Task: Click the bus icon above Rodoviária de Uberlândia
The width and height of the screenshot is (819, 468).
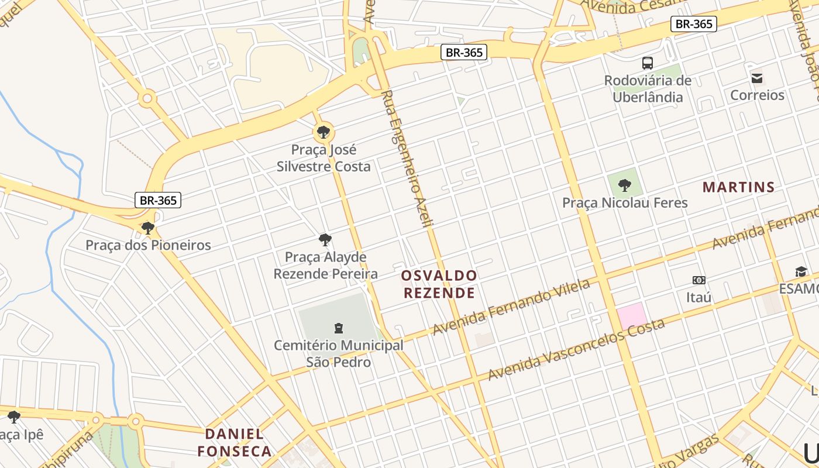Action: pos(647,63)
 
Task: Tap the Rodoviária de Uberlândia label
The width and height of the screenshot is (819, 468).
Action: pos(648,89)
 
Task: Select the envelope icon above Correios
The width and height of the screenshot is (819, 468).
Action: pos(757,78)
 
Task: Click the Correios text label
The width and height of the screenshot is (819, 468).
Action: pos(757,95)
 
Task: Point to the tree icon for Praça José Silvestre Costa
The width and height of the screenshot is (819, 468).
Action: pos(323,132)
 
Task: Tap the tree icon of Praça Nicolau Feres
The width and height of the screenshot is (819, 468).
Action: pos(625,185)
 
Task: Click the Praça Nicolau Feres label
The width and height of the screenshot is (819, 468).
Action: pos(625,203)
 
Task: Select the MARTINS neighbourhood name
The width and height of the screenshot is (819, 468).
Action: pos(738,187)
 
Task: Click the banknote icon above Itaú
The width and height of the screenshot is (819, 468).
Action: pos(698,280)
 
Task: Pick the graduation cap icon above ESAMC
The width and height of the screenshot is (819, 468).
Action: pos(801,271)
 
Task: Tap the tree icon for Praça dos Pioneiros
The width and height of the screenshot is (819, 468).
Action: pos(148,228)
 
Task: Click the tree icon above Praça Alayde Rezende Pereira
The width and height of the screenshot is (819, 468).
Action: pos(325,240)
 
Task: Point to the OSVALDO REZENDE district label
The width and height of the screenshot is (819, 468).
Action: pos(439,284)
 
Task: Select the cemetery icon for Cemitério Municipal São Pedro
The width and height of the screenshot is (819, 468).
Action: pos(338,328)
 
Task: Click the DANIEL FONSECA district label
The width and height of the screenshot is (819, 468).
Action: pos(234,442)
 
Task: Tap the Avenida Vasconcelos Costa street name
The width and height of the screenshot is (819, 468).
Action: pos(576,349)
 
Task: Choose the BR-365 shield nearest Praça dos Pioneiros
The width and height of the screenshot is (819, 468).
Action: pos(158,200)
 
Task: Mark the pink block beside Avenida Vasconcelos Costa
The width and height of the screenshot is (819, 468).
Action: pos(632,316)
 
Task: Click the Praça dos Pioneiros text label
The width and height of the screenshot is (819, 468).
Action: pos(148,245)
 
